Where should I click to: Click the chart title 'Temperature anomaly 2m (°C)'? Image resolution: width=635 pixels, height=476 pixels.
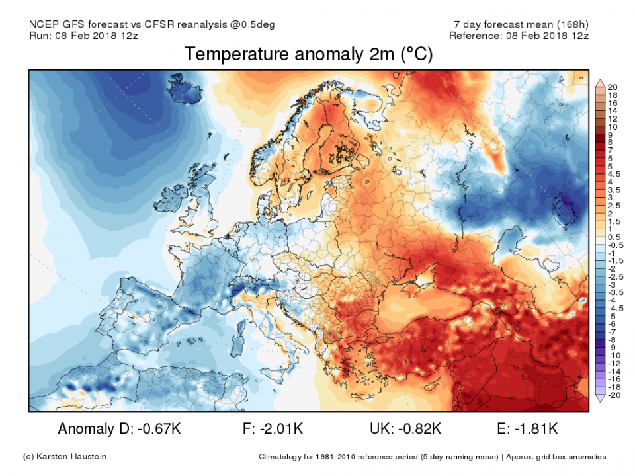(308, 54)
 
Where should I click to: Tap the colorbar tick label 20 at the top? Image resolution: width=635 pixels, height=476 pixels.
(612, 87)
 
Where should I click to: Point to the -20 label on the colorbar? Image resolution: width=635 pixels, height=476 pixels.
(613, 395)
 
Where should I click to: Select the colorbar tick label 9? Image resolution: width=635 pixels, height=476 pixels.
(611, 134)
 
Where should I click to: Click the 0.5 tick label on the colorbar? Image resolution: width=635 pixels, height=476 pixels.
(613, 237)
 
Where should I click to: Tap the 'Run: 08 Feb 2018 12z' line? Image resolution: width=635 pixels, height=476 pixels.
(83, 35)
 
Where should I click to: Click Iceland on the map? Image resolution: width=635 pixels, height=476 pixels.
(180, 92)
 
